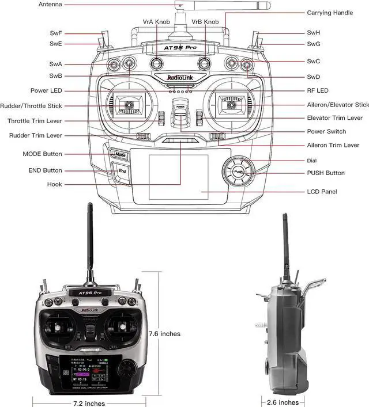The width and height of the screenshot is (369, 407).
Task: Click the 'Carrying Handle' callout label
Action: pyautogui.click(x=330, y=13)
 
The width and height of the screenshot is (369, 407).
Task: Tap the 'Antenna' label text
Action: pyautogui.click(x=51, y=5)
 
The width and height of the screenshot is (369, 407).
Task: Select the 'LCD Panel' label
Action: pyautogui.click(x=322, y=191)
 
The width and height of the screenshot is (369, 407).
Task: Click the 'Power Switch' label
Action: pyautogui.click(x=326, y=131)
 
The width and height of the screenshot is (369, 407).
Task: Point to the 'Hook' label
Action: pyautogui.click(x=55, y=185)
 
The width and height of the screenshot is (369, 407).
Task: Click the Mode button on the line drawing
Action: pyautogui.click(x=119, y=155)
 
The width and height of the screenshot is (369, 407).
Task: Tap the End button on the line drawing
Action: pyautogui.click(x=122, y=171)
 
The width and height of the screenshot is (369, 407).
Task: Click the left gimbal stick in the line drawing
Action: pyautogui.click(x=127, y=105)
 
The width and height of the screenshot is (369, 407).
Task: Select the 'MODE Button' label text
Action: pyautogui.click(x=42, y=154)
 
